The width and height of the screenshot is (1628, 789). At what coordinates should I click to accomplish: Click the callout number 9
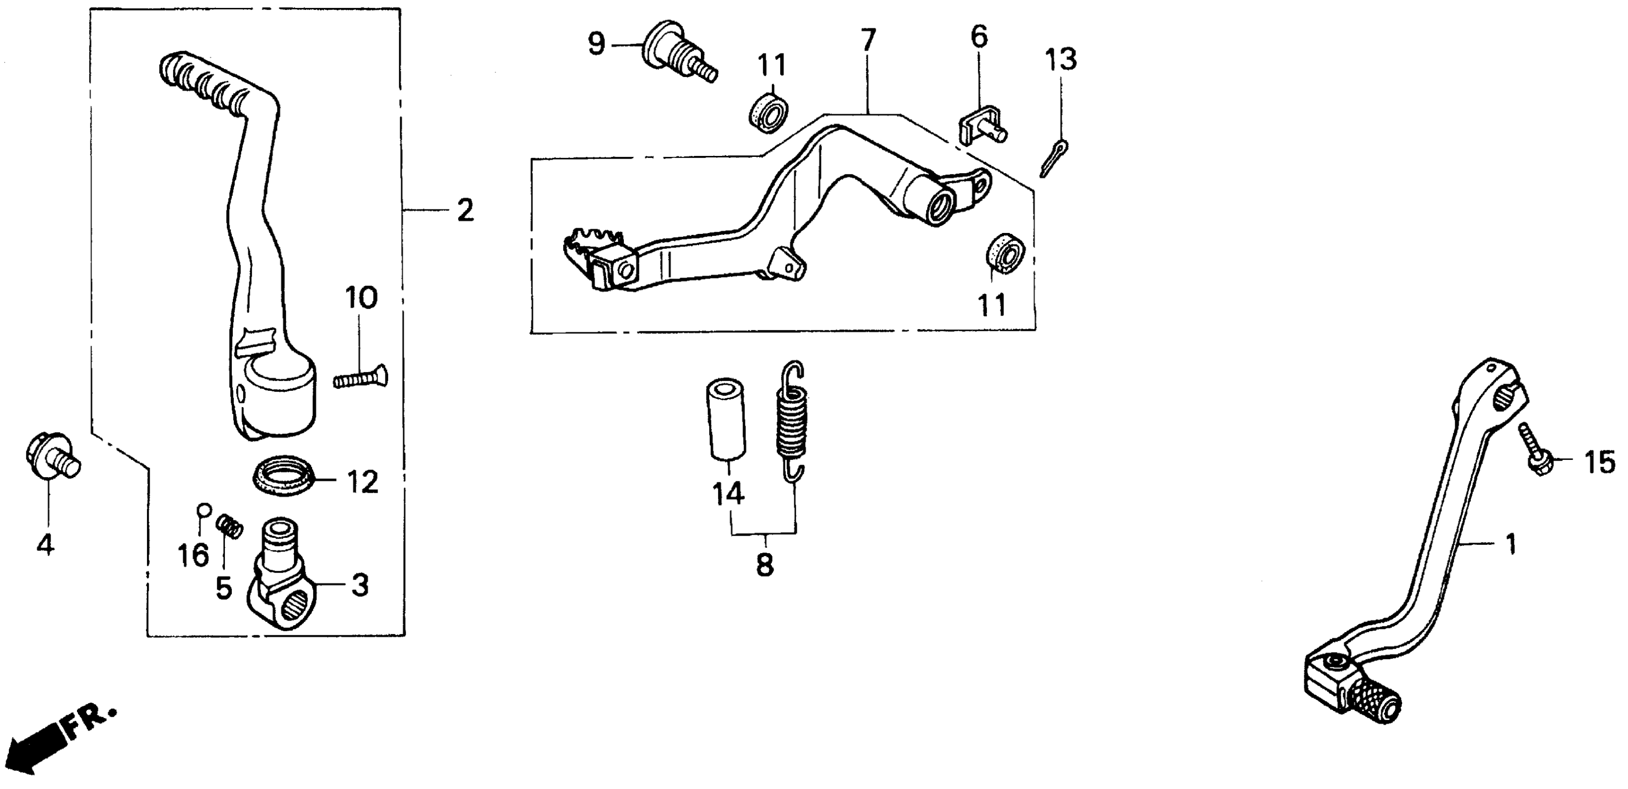click(596, 44)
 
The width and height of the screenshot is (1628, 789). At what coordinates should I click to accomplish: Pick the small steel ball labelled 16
click(203, 510)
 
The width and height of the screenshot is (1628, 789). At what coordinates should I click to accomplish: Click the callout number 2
click(465, 211)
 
